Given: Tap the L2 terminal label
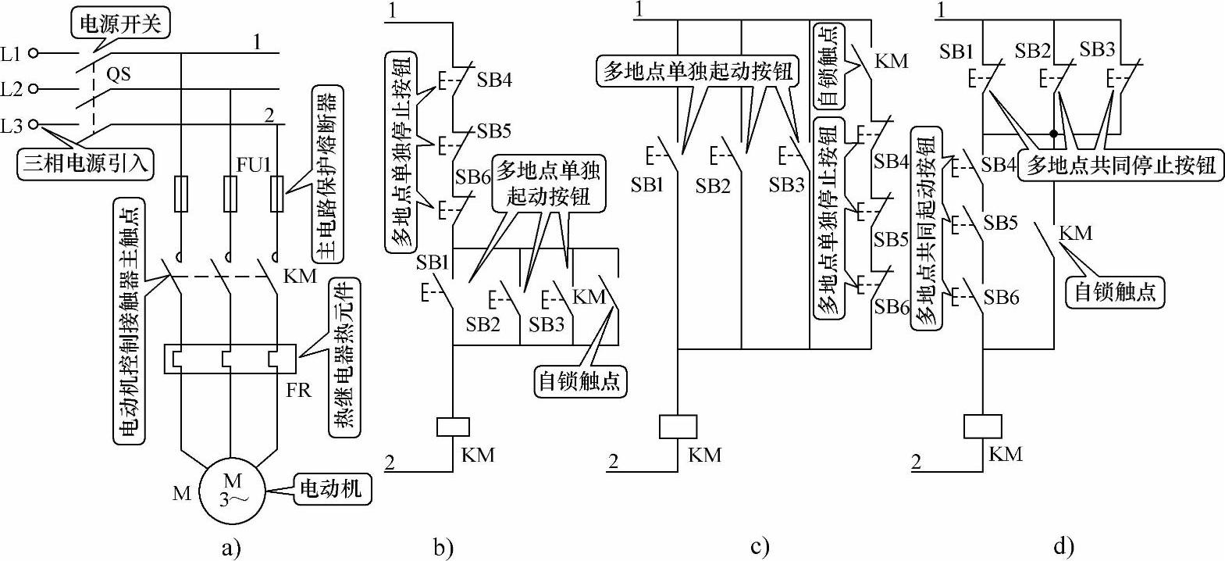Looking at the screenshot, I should [x=12, y=89].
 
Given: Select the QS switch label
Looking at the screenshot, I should [x=118, y=75].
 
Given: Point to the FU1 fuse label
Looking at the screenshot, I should [x=255, y=166].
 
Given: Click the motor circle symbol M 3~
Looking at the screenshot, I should [x=231, y=490].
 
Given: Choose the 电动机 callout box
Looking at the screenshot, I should [x=331, y=488].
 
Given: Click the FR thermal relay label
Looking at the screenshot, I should [x=298, y=389].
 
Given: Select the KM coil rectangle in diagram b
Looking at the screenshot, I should [x=452, y=427].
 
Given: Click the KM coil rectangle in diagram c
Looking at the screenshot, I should [x=677, y=427].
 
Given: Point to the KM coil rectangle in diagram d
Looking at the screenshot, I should [x=982, y=427].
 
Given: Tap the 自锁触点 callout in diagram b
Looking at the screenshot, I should [x=581, y=381].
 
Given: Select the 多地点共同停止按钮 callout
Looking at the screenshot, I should [x=1120, y=166].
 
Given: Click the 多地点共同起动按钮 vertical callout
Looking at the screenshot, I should [x=926, y=230].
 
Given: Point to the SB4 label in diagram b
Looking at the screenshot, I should [x=495, y=80].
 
